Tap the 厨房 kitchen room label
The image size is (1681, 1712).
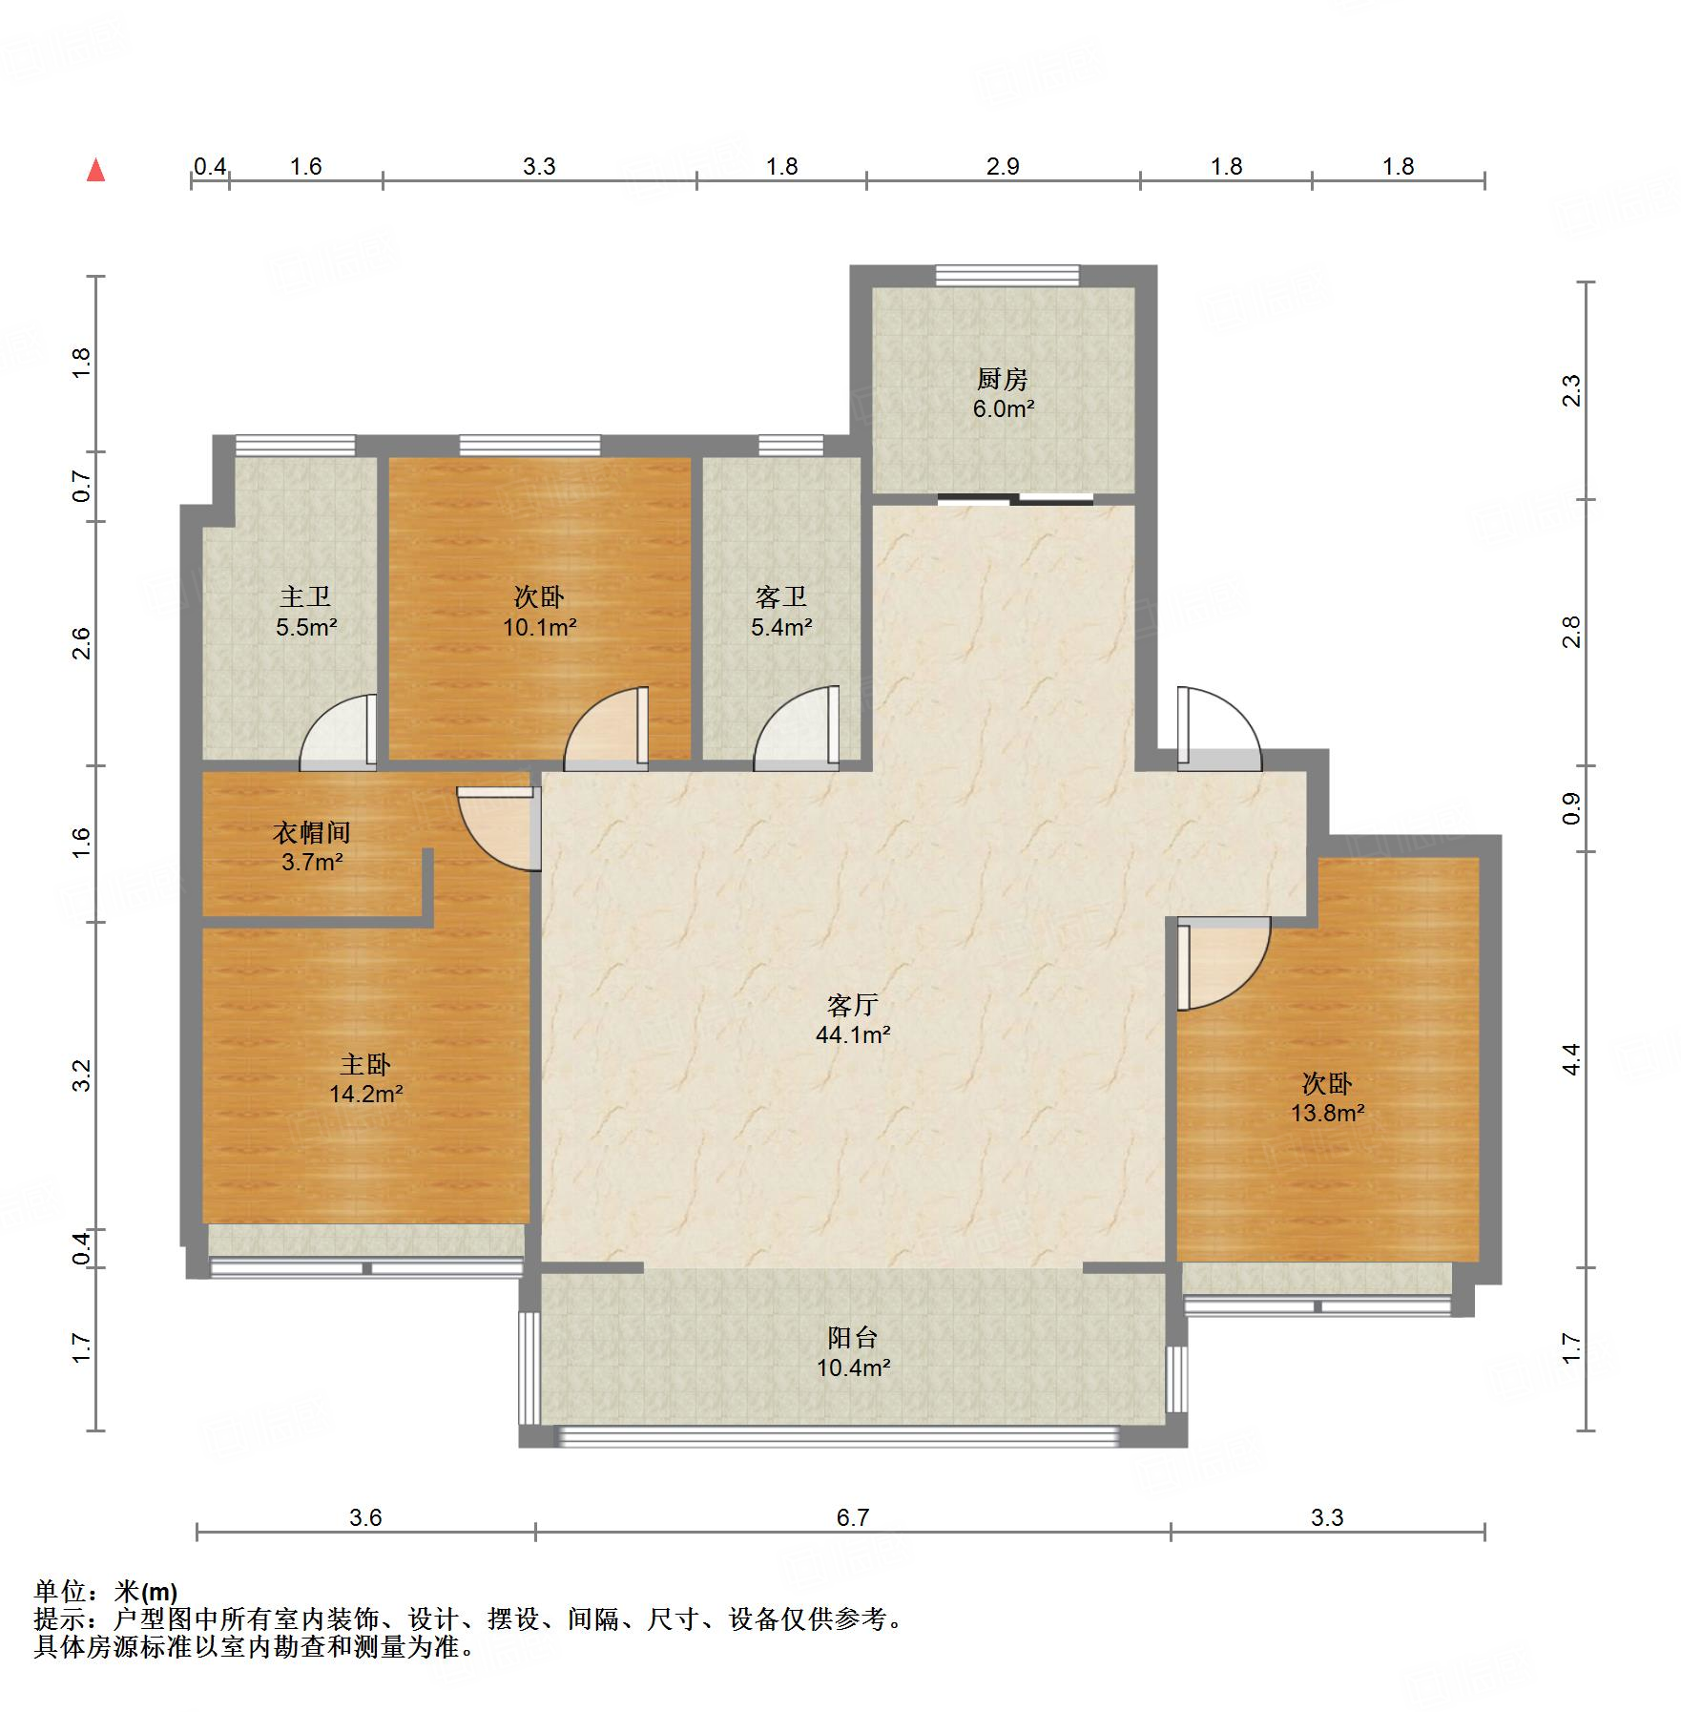click(1003, 379)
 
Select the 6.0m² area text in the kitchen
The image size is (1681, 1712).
click(1004, 408)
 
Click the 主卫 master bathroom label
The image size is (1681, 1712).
click(305, 596)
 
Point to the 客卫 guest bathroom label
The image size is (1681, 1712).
click(781, 596)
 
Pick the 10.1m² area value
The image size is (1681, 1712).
click(540, 627)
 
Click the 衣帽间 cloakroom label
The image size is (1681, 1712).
click(312, 832)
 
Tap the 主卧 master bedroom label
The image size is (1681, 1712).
click(365, 1064)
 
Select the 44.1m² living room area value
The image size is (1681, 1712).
click(854, 1034)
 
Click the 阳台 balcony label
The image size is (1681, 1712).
click(853, 1337)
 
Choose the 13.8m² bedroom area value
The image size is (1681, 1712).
click(1328, 1113)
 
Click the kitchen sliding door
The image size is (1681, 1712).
click(1015, 497)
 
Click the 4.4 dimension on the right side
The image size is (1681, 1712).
click(1571, 1058)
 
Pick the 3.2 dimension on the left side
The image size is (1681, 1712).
click(82, 1075)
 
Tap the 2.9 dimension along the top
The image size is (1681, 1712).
click(1003, 166)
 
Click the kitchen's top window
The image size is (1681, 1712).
click(1007, 276)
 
